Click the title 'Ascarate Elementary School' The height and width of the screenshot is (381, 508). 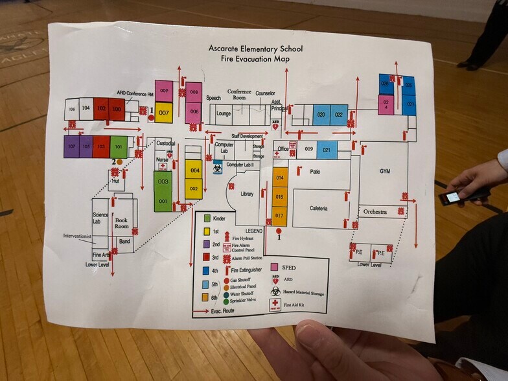255,49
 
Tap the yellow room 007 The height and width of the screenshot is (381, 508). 164,112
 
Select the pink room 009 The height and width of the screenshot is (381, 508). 164,91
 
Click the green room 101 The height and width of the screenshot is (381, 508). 119,146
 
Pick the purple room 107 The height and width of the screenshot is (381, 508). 71,146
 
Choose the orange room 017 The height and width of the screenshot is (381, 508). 279,215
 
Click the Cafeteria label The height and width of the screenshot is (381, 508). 318,209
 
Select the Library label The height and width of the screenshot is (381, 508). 246,194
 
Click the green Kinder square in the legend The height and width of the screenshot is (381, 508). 207,219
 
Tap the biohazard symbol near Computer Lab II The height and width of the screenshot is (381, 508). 218,167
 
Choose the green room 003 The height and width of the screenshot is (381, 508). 163,183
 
